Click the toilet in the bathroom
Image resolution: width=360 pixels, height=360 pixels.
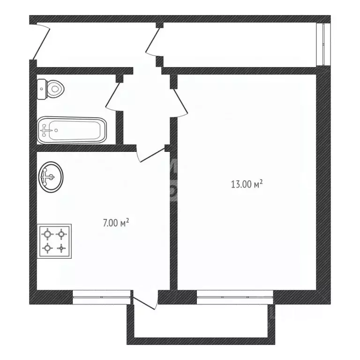click(x=51, y=88)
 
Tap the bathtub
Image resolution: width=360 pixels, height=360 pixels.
click(x=72, y=130)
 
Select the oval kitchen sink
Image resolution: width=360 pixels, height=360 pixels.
click(x=51, y=177)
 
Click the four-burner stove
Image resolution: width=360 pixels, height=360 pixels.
click(x=54, y=240)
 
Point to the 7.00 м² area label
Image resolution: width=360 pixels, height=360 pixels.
click(x=116, y=223)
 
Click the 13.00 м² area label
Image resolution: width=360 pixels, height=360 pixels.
click(x=246, y=185)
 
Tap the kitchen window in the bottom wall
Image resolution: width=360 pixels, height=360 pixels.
click(x=101, y=294)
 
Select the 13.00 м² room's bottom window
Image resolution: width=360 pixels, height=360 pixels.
click(x=235, y=294)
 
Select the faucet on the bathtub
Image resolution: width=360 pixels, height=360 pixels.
click(x=45, y=130)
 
